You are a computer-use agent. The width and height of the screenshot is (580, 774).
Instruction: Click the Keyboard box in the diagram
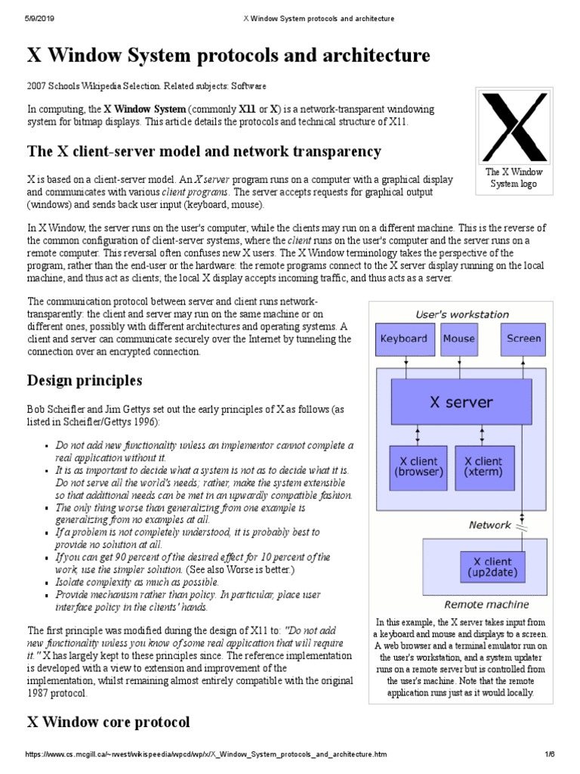[404, 339]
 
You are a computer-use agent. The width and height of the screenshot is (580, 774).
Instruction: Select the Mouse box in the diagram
[458, 339]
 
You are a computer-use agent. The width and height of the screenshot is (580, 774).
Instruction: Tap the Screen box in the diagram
[523, 339]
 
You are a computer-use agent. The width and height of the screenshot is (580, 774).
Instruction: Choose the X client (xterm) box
[483, 466]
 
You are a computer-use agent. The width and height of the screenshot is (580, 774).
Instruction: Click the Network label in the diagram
[490, 525]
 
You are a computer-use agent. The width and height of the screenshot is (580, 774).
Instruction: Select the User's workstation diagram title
[462, 314]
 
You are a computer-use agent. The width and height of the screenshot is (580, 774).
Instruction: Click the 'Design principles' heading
[85, 379]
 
